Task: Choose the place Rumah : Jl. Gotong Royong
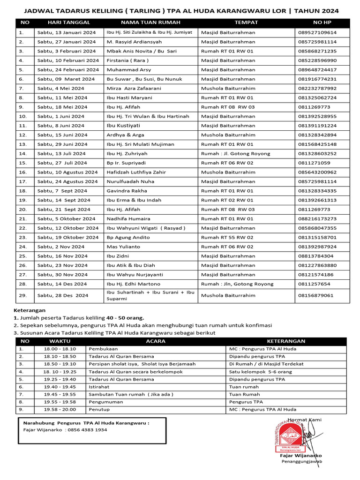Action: click(x=235, y=153)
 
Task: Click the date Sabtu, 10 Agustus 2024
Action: click(x=67, y=172)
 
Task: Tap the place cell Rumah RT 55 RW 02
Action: click(x=227, y=237)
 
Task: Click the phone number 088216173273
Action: click(x=317, y=218)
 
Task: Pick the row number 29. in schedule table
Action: click(x=22, y=295)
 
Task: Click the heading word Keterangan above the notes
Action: click(x=30, y=310)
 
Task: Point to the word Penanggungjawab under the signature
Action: click(x=301, y=462)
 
